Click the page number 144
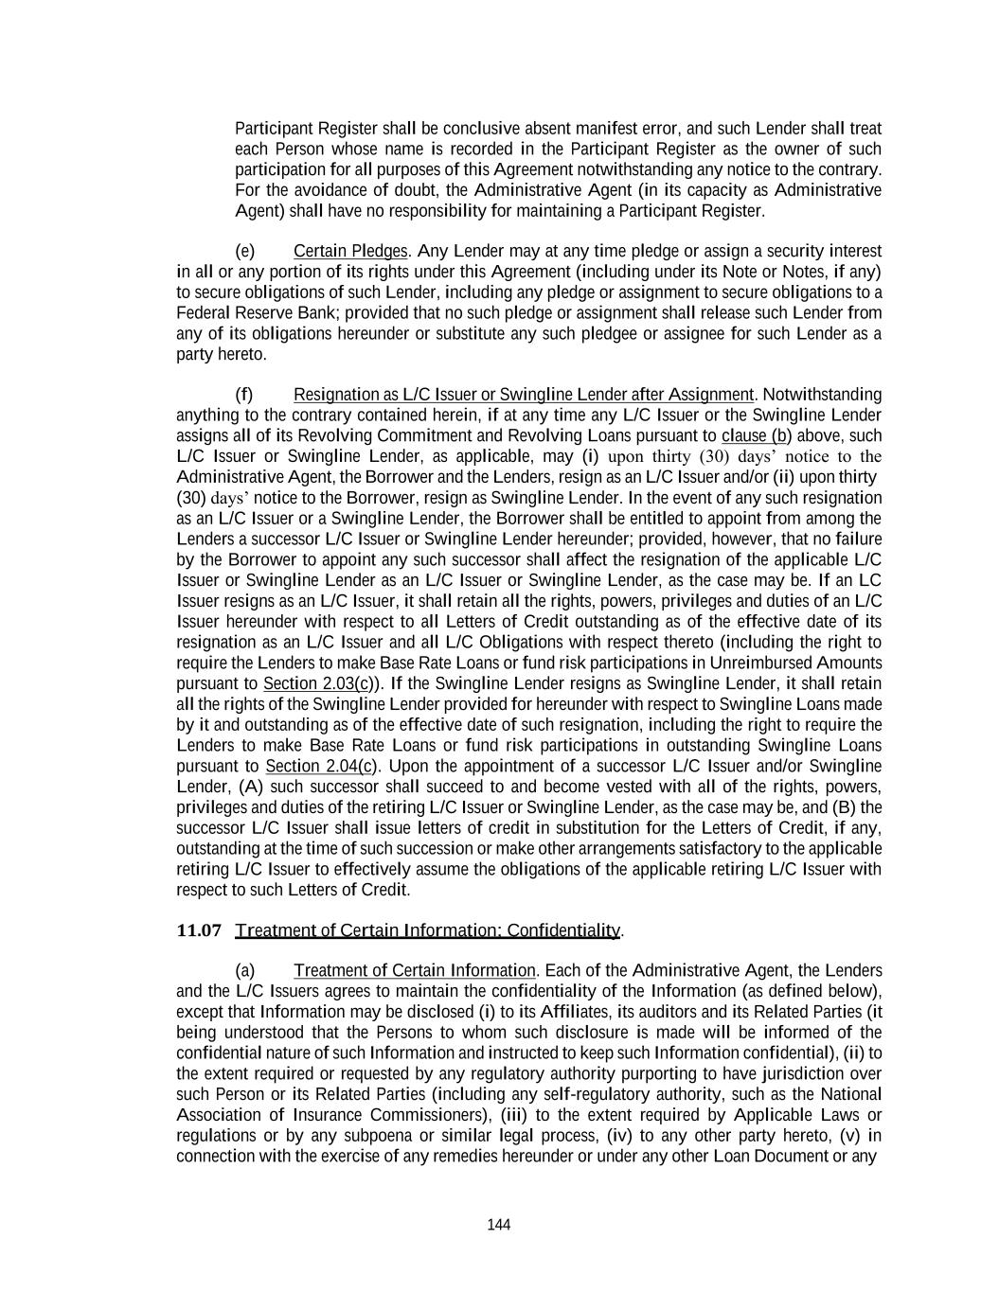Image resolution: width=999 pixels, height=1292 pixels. click(499, 1225)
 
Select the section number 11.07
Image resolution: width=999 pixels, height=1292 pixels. click(199, 930)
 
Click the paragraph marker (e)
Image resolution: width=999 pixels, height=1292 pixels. click(244, 251)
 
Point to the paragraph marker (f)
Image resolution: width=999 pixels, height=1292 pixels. click(244, 394)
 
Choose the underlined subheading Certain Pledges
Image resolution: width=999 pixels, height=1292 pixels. click(350, 251)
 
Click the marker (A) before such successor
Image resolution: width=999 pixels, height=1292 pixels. click(252, 787)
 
